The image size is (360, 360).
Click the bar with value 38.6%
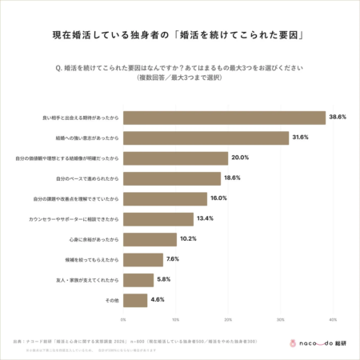click(224, 118)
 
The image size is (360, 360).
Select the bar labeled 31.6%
click(206, 138)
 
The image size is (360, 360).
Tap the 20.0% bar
click(175, 158)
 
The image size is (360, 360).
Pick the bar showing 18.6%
click(171, 178)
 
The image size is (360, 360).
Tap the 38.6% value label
click(337, 118)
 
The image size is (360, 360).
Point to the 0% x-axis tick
click(123, 318)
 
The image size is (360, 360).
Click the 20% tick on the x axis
click(228, 318)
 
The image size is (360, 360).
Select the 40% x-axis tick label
click(332, 318)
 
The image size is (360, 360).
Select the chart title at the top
click(180, 35)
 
